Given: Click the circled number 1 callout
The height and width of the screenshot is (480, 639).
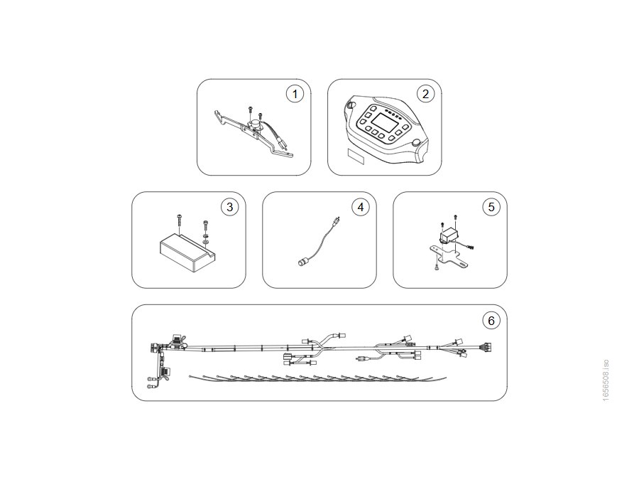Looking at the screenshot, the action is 295,95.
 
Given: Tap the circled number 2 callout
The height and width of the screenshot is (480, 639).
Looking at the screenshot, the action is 425,95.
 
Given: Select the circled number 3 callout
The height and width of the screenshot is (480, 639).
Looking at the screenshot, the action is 229,207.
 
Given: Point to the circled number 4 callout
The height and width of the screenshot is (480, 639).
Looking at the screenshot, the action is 360,207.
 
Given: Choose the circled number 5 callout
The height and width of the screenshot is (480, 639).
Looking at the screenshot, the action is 491,207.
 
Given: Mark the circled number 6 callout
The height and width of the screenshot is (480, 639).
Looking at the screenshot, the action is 491,321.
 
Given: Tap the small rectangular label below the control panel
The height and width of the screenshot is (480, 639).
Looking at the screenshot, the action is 354,156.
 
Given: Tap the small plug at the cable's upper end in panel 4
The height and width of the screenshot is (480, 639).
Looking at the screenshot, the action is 334,222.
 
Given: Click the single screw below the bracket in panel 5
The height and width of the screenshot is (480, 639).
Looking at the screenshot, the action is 437,267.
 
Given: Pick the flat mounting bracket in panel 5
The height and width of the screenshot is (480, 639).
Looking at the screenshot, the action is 448,256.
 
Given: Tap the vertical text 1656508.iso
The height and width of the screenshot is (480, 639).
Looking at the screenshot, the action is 606,380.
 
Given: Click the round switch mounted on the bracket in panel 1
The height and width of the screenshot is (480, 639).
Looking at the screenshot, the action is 254,122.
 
